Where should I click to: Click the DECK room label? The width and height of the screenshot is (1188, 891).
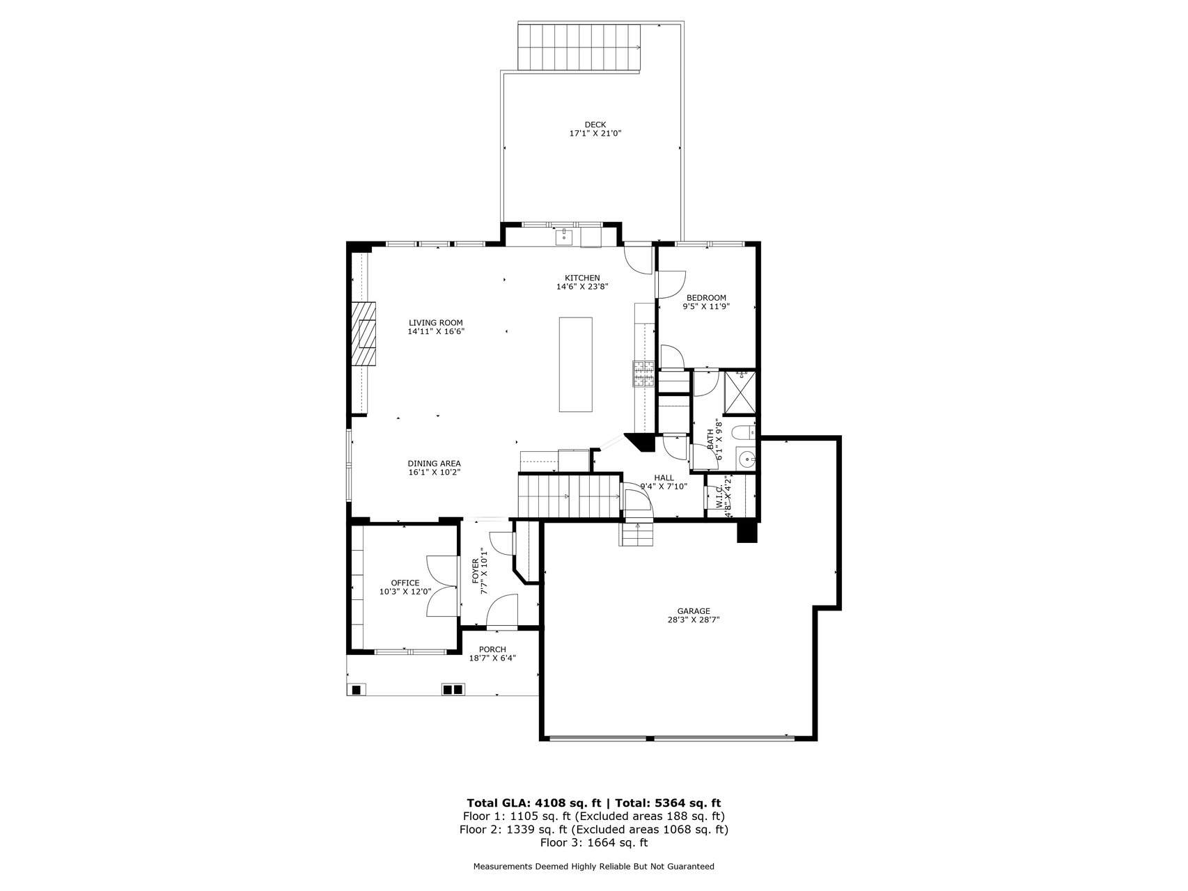[595, 125]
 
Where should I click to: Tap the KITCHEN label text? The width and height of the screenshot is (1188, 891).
[582, 278]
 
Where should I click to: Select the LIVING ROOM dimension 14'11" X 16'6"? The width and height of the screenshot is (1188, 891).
[436, 331]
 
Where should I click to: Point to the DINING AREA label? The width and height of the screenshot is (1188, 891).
[434, 464]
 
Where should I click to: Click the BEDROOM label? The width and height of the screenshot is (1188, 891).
[706, 298]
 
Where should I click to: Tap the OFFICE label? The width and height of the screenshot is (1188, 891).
[405, 583]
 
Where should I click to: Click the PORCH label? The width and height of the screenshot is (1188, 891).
[492, 649]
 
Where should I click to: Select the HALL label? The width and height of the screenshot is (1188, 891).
[664, 478]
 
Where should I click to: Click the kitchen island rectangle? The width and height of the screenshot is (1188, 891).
[576, 365]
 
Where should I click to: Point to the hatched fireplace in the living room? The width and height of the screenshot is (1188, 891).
[363, 333]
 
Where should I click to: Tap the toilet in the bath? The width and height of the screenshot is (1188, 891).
[745, 432]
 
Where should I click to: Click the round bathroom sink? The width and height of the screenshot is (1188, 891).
[747, 459]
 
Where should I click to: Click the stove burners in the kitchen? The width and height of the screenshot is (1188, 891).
[643, 374]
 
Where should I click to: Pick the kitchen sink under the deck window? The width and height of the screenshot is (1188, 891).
[563, 236]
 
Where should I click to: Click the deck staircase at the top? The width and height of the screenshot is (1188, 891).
[579, 47]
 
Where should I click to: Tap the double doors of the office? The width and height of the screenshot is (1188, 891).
[443, 586]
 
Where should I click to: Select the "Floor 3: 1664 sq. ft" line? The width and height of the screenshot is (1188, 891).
[594, 842]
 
